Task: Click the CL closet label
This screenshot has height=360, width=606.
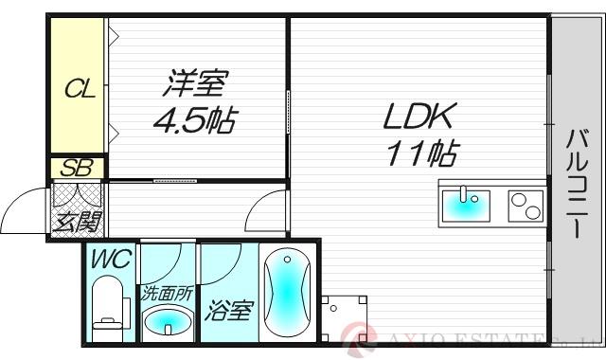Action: [79, 91]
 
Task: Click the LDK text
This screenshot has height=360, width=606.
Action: [419, 117]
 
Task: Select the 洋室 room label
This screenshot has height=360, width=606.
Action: [197, 86]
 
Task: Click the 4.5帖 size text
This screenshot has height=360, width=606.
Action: [197, 121]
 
